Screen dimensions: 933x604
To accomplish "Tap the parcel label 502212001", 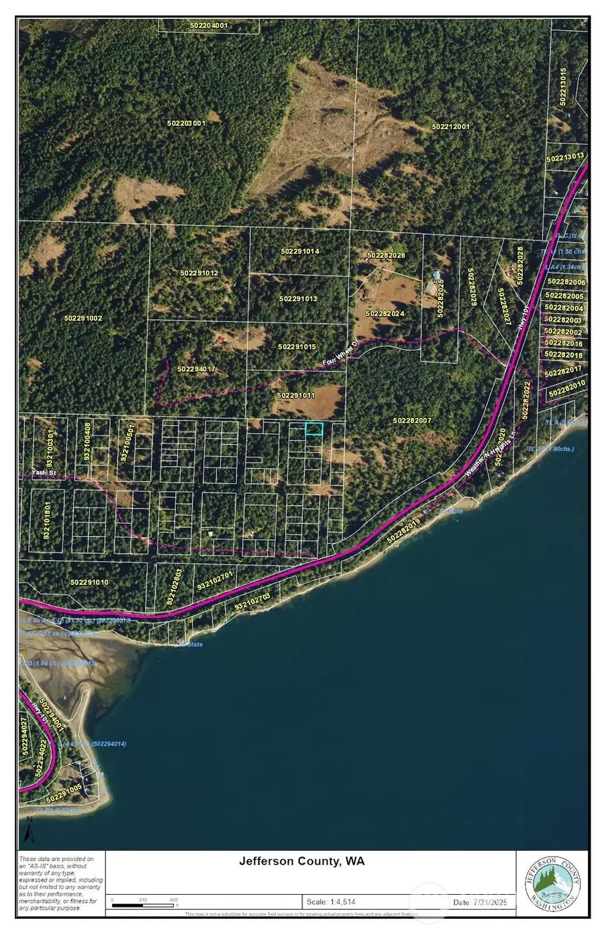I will coord(451,127).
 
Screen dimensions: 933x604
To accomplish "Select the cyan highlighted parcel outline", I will coord(313,429).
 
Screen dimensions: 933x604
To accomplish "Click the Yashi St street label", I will coord(43,473).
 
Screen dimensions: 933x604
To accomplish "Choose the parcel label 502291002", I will coord(83,318).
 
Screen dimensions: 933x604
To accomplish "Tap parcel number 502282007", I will coord(412,421).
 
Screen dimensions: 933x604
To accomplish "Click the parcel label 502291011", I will coord(296,396).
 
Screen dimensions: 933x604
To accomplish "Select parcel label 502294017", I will coord(197,370).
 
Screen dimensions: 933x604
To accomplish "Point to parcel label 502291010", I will coord(89,582).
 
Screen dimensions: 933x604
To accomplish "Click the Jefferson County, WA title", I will coord(302,861).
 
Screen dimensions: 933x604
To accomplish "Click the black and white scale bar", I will coord(144,905).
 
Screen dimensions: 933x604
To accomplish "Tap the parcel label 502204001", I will coord(209,25).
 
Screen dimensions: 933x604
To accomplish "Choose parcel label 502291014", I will coord(300,252).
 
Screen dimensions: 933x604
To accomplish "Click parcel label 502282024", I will coord(385,313).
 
